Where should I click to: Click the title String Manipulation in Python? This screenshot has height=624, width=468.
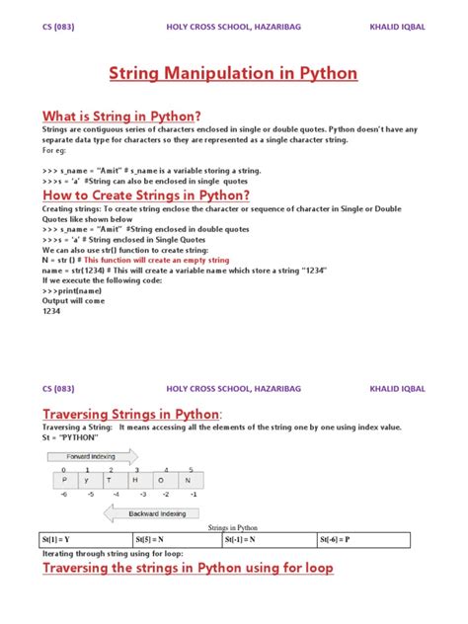233,74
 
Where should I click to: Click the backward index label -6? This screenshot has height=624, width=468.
63,492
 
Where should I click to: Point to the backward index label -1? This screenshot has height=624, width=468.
195,492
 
